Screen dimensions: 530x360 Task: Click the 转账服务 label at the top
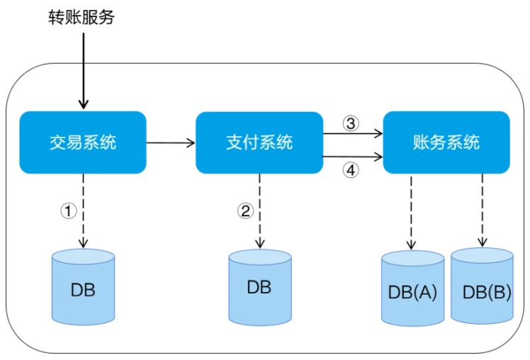pyautogui.click(x=81, y=17)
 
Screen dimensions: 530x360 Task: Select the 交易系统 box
pyautogui.click(x=83, y=142)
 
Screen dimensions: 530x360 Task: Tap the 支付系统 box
pyautogui.click(x=259, y=142)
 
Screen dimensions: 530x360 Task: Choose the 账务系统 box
pyautogui.click(x=446, y=142)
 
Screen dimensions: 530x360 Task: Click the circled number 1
pyautogui.click(x=69, y=211)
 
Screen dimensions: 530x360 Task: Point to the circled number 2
pyautogui.click(x=245, y=211)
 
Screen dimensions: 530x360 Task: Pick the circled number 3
pyautogui.click(x=351, y=123)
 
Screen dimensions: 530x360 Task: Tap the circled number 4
pyautogui.click(x=351, y=170)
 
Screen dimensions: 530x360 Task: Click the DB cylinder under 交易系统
pyautogui.click(x=83, y=287)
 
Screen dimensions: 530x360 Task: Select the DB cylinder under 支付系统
pyautogui.click(x=260, y=287)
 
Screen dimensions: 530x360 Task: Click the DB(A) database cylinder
pyautogui.click(x=412, y=288)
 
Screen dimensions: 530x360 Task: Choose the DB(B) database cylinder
pyautogui.click(x=482, y=286)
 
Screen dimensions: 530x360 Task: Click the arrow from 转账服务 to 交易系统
pyautogui.click(x=83, y=71)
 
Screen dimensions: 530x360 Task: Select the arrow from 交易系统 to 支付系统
pyautogui.click(x=171, y=143)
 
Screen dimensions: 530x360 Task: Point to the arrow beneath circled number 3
pyautogui.click(x=353, y=133)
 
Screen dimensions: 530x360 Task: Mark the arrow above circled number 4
pyautogui.click(x=352, y=157)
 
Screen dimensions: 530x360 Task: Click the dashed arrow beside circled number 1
pyautogui.click(x=83, y=211)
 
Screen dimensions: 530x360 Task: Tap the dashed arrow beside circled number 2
pyautogui.click(x=259, y=211)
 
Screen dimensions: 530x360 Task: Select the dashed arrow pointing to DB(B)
pyautogui.click(x=483, y=210)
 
